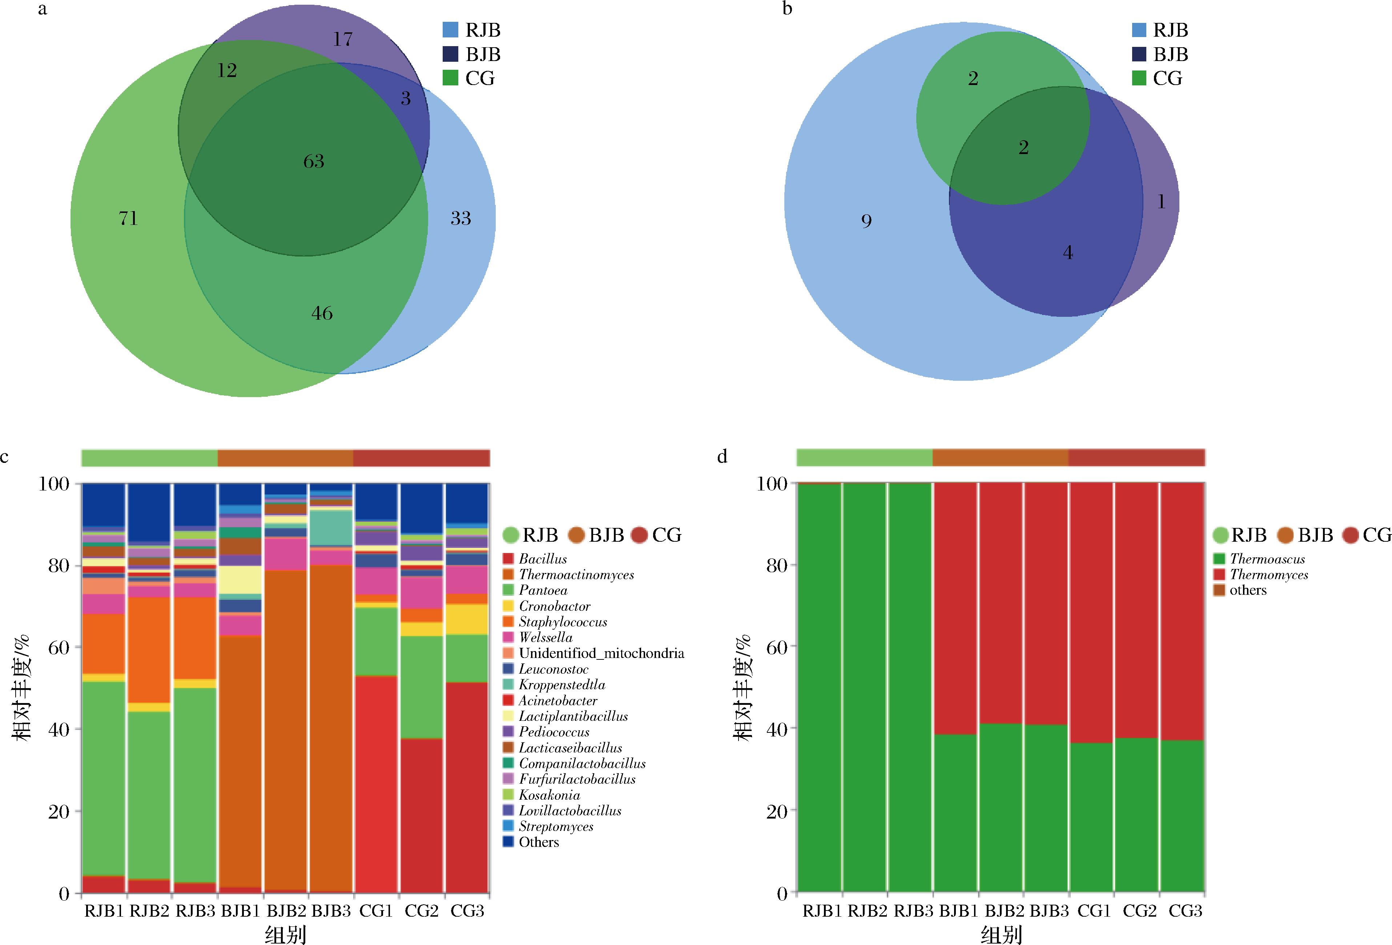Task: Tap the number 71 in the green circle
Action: (128, 218)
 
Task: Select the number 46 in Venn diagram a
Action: (322, 312)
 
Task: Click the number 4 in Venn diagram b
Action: (1068, 253)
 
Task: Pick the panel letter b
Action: (788, 9)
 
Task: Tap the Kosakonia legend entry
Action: (549, 795)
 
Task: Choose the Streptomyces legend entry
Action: (556, 827)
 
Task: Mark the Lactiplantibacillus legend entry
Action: (573, 716)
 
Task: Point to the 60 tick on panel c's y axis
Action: (59, 647)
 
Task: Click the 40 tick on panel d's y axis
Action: (777, 728)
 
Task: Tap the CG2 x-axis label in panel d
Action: (1140, 911)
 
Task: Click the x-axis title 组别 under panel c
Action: (286, 934)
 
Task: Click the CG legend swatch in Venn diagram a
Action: (450, 78)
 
